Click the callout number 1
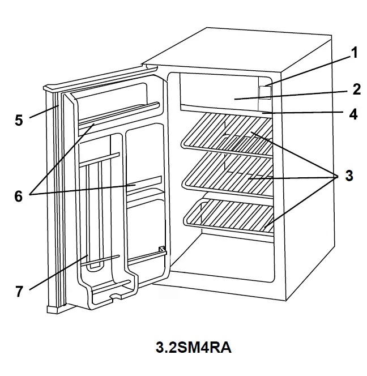(354, 54)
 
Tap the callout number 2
(356, 89)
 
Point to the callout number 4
(353, 114)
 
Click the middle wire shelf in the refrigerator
(227, 173)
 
